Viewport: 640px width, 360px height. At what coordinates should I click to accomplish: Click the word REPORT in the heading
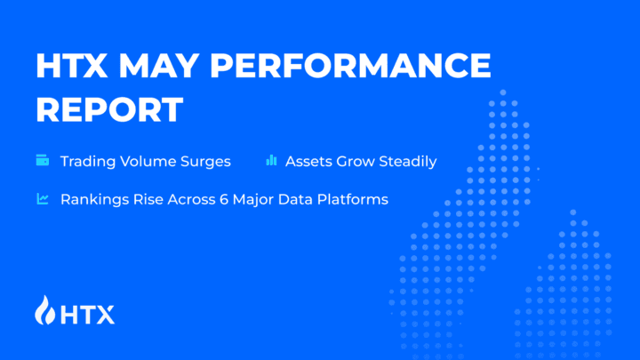coord(109,109)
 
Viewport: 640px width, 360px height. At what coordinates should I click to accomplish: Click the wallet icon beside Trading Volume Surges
coord(42,161)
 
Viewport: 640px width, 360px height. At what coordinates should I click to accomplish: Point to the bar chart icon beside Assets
coord(271,161)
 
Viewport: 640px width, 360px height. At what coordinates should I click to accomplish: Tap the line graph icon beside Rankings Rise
coord(42,199)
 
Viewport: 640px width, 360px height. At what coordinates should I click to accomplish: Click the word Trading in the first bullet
coord(88,162)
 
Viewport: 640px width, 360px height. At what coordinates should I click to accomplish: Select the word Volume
coord(150,162)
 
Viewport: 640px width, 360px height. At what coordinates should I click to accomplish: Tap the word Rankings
coord(92,199)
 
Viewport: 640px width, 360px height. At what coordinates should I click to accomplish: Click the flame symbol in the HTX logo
coord(44,310)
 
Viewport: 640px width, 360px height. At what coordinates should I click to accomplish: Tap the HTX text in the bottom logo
coord(86,312)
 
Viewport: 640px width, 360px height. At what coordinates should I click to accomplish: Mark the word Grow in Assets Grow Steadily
coord(355,162)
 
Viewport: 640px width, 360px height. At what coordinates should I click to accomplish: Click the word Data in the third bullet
coord(300,199)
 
